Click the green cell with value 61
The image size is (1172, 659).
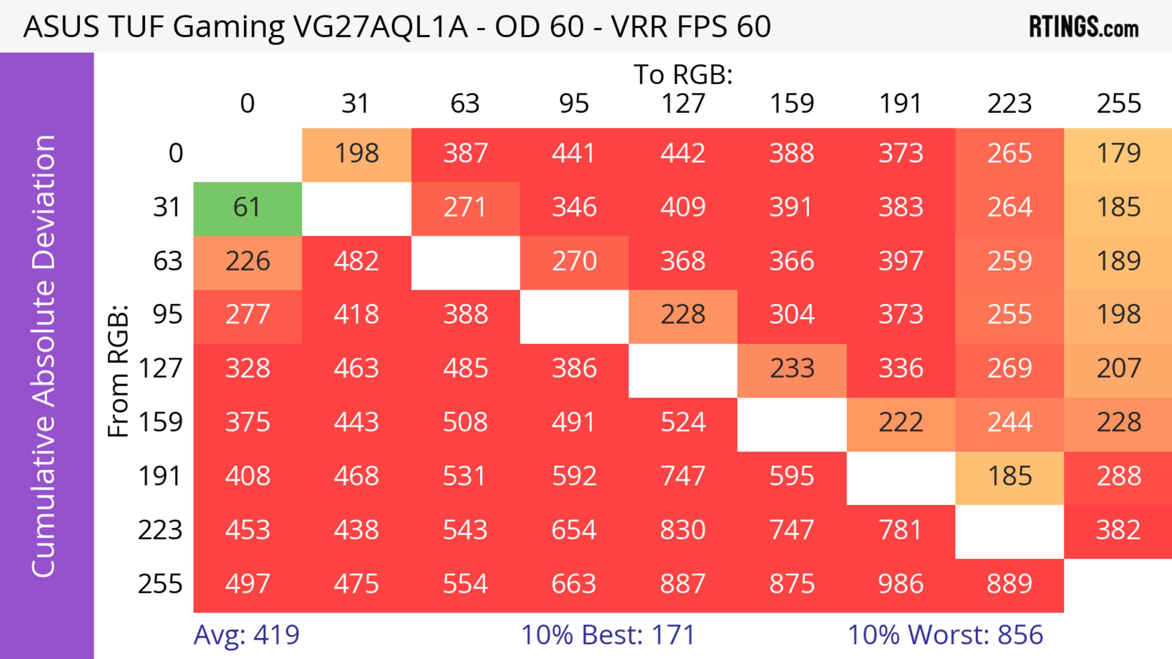pyautogui.click(x=248, y=208)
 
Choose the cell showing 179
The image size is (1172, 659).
pyautogui.click(x=1118, y=154)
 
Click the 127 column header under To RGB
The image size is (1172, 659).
pyautogui.click(x=683, y=104)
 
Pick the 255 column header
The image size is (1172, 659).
pyautogui.click(x=1118, y=104)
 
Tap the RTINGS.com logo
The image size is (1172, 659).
pyautogui.click(x=1084, y=27)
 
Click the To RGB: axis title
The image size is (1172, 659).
pyautogui.click(x=683, y=75)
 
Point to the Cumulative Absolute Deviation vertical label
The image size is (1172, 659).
pyautogui.click(x=44, y=356)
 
